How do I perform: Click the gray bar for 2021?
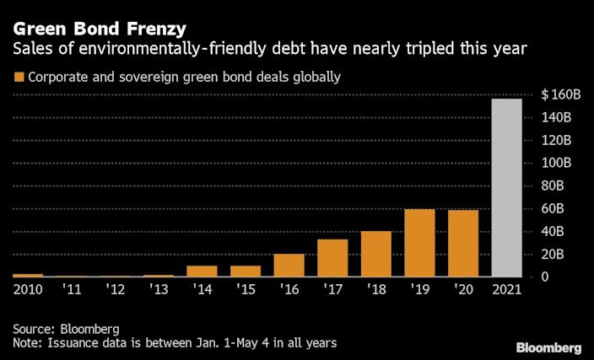pyautogui.click(x=507, y=188)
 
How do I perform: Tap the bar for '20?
pyautogui.click(x=463, y=244)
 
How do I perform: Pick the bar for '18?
pyautogui.click(x=376, y=254)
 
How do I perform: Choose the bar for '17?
pyautogui.click(x=332, y=258)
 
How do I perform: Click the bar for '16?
pyautogui.click(x=289, y=266)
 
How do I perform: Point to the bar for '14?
pyautogui.click(x=202, y=271)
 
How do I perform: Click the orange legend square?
pyautogui.click(x=19, y=78)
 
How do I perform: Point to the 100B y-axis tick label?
pyautogui.click(x=557, y=163)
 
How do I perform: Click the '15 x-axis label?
pyautogui.click(x=246, y=289)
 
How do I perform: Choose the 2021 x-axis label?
pyautogui.click(x=507, y=289)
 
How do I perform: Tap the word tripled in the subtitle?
pyautogui.click(x=438, y=50)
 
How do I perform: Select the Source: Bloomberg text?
pyautogui.click(x=67, y=329)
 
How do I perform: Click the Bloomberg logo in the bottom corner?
pyautogui.click(x=548, y=347)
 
